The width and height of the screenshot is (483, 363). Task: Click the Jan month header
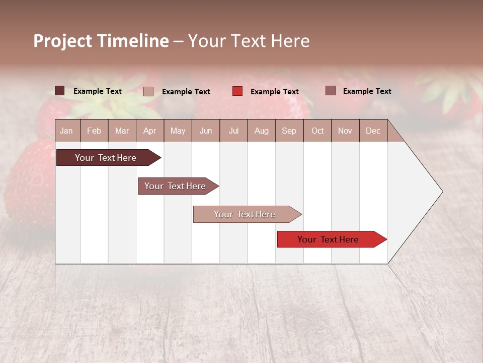click(66, 131)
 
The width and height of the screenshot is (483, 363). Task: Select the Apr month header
click(149, 131)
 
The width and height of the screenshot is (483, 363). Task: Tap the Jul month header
click(233, 131)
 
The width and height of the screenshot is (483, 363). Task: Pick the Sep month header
click(289, 131)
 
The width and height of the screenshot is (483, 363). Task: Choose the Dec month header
click(373, 131)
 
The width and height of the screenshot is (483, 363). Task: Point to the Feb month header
click(94, 131)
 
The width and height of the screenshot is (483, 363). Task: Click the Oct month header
click(317, 131)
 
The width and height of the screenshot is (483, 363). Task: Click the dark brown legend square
click(59, 91)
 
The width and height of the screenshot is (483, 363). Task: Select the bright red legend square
click(237, 91)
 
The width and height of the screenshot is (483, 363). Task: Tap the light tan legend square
click(148, 91)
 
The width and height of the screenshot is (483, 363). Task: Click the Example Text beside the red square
click(274, 92)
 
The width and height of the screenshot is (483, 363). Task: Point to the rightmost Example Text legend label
click(367, 91)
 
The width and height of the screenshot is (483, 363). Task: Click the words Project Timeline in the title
click(101, 41)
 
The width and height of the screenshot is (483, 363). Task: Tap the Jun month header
click(206, 131)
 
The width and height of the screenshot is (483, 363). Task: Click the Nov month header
click(345, 131)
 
